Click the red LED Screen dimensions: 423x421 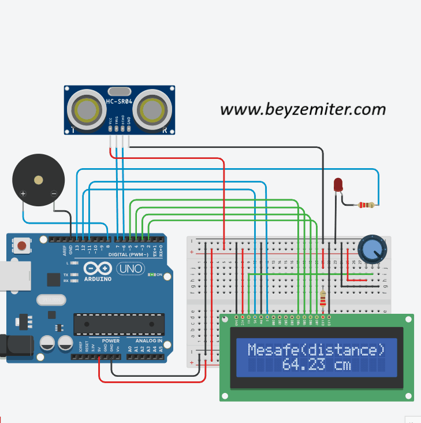point(338,185)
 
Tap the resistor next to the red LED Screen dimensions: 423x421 point(366,205)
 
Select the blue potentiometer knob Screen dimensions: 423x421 point(370,249)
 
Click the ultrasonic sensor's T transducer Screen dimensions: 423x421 point(85,108)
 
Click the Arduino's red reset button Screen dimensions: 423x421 point(22,246)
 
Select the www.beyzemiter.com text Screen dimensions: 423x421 point(303,109)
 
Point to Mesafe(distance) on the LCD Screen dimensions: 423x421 point(316,350)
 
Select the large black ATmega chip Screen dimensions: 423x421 point(118,324)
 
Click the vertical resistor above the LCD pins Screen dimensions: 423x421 point(322,298)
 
